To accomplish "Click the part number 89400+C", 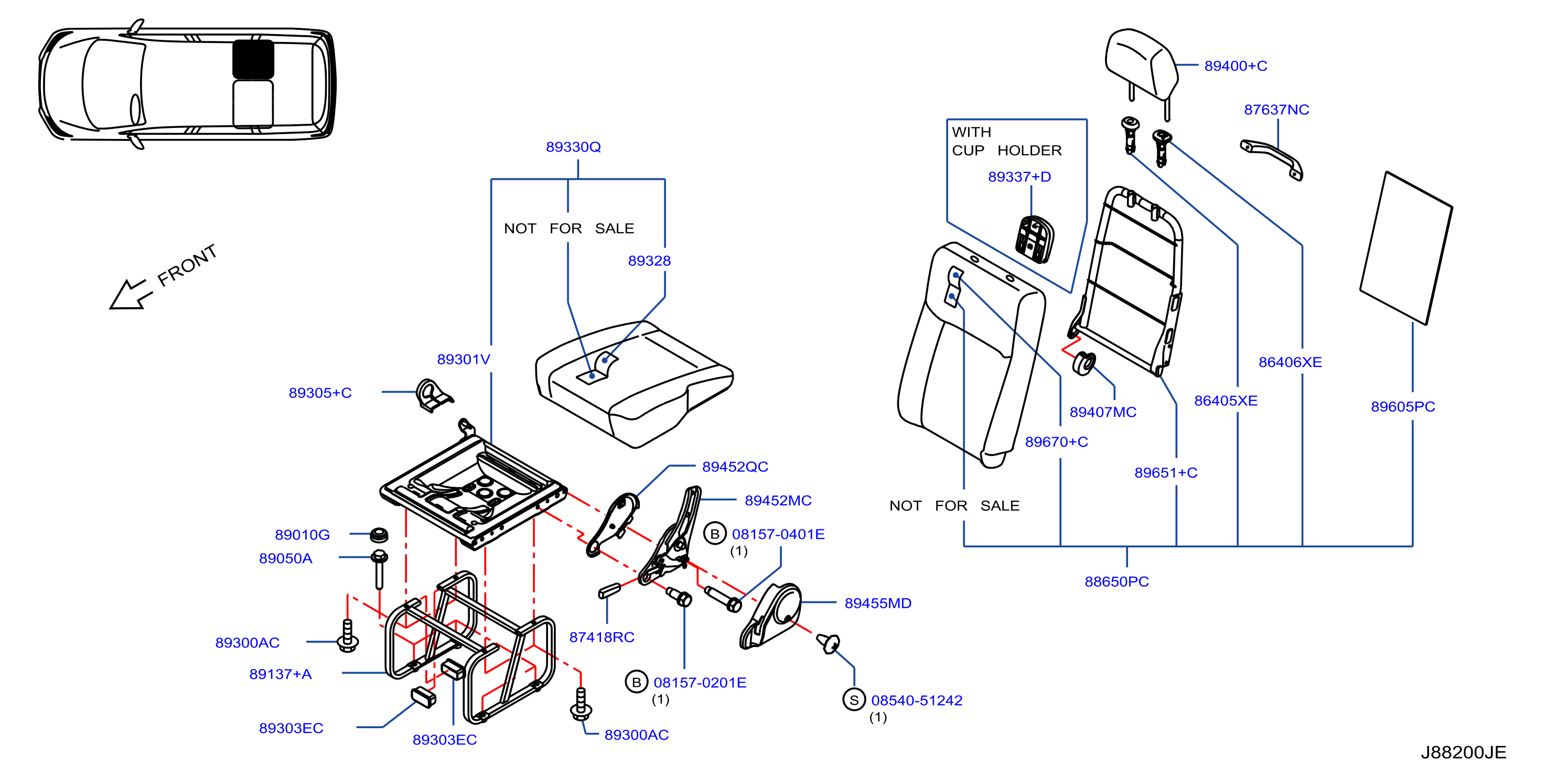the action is (x=1236, y=66).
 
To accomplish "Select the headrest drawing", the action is (x=1141, y=70).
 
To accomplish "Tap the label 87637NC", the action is (x=1276, y=110).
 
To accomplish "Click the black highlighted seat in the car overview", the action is (x=253, y=59).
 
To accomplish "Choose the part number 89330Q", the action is (x=573, y=147).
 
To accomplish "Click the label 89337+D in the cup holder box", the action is (x=1019, y=176).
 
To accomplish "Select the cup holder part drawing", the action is (x=1034, y=239).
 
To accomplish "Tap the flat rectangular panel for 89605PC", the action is (x=1406, y=247).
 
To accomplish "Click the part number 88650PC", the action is (x=1116, y=581).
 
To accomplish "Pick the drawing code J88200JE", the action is (x=1463, y=752).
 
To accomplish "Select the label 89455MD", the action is (x=878, y=603).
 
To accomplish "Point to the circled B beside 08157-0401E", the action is (x=715, y=534).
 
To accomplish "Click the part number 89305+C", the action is (x=320, y=393).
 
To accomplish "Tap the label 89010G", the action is (x=302, y=535).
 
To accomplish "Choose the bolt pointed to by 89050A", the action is (x=379, y=569).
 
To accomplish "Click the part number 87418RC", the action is (x=602, y=637).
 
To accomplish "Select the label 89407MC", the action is (x=1103, y=412).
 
